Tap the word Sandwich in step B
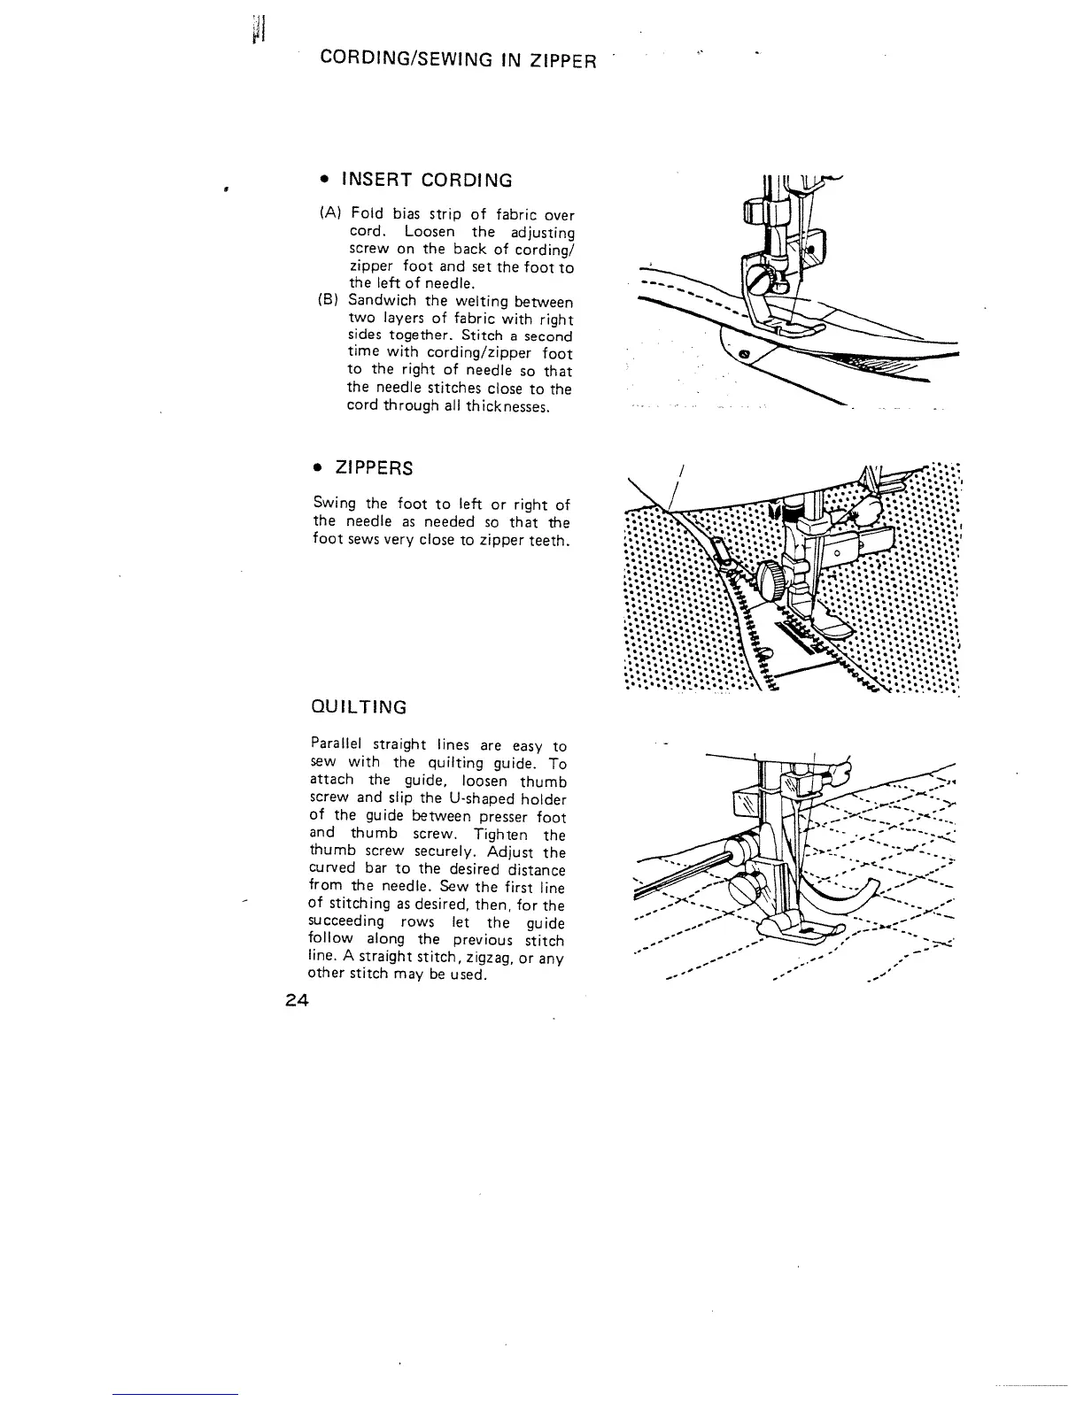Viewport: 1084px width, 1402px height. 382,302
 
